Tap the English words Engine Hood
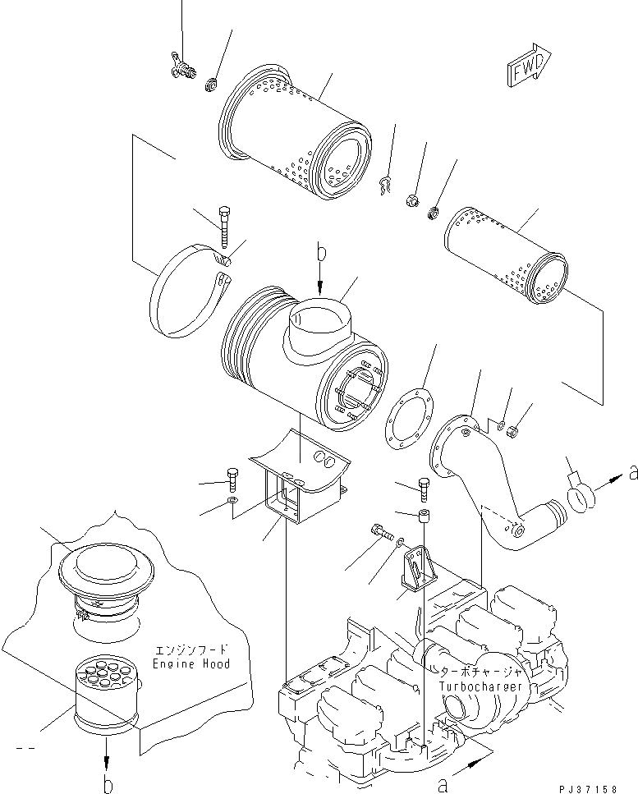(191, 663)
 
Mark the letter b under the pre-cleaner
(108, 783)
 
